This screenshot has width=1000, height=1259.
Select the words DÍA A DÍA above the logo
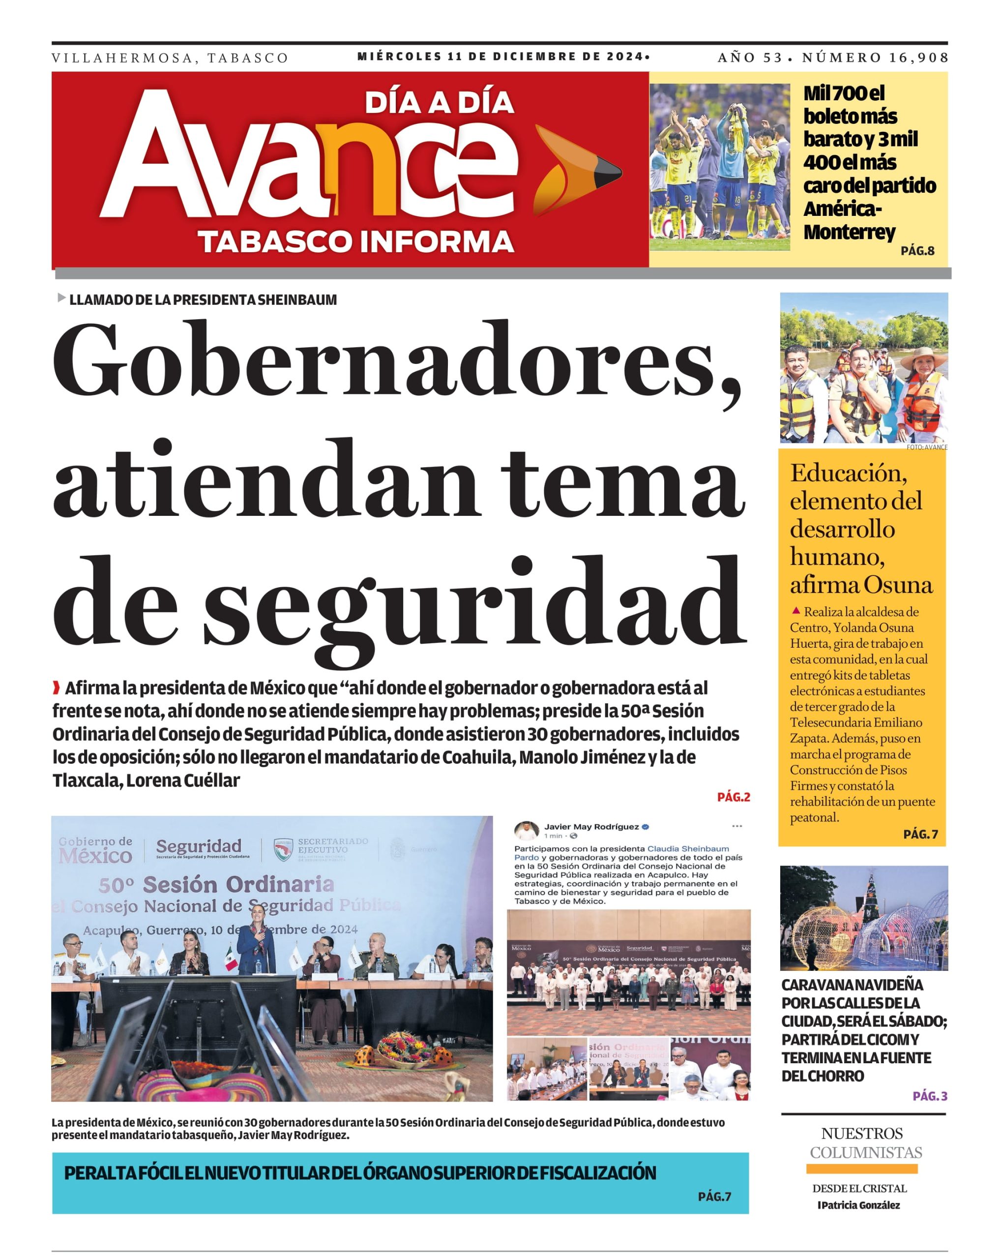click(x=439, y=102)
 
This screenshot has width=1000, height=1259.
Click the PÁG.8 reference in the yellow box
click(x=917, y=251)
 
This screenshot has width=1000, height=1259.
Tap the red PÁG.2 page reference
click(x=733, y=797)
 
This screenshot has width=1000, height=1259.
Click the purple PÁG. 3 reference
click(x=929, y=1096)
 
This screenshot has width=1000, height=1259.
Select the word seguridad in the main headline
click(x=474, y=607)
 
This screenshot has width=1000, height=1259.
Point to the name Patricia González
click(x=860, y=1205)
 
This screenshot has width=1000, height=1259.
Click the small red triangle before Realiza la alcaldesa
click(x=795, y=611)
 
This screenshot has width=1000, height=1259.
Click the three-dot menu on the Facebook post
click(x=736, y=826)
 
